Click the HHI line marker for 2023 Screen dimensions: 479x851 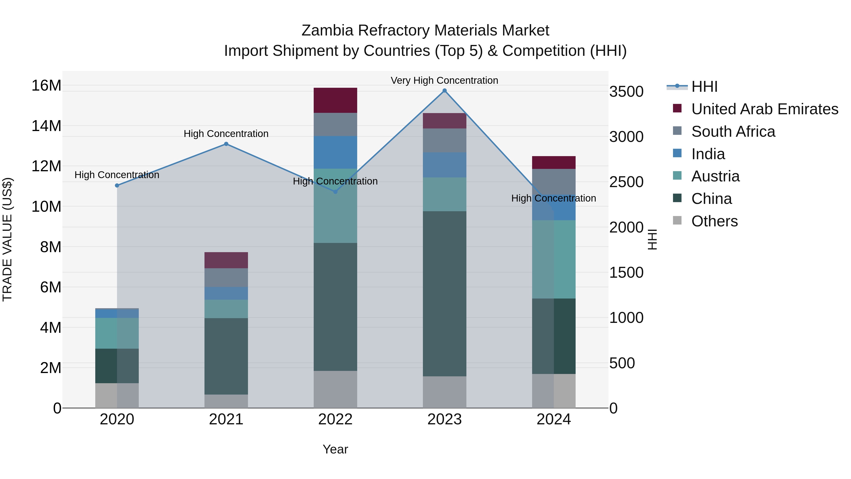(444, 91)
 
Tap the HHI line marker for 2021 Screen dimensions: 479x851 (226, 144)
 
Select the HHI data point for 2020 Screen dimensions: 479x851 (117, 185)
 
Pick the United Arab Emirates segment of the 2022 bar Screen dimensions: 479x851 (335, 100)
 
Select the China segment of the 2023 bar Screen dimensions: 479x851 (444, 294)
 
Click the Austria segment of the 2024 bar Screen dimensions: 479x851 (554, 259)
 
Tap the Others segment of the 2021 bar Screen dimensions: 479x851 (226, 401)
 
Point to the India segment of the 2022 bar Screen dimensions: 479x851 (335, 152)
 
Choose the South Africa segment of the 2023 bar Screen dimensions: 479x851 (444, 140)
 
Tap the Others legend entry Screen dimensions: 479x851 (714, 221)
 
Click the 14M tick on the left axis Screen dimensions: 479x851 (46, 126)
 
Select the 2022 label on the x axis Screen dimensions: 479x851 (335, 419)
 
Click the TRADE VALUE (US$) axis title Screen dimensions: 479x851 (7, 239)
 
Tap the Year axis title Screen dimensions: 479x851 (335, 449)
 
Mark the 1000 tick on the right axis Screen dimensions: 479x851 (626, 318)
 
